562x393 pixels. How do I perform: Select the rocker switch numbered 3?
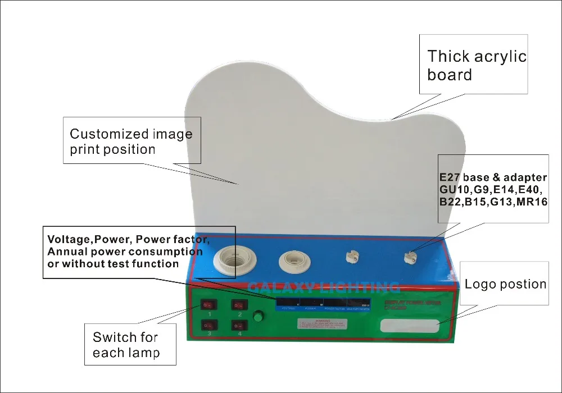tap(208, 325)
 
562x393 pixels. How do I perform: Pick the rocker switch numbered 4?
tap(239, 325)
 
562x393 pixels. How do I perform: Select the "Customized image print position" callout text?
tap(130, 141)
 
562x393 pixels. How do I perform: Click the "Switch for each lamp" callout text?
tap(125, 345)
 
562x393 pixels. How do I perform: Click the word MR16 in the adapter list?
tap(532, 202)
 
